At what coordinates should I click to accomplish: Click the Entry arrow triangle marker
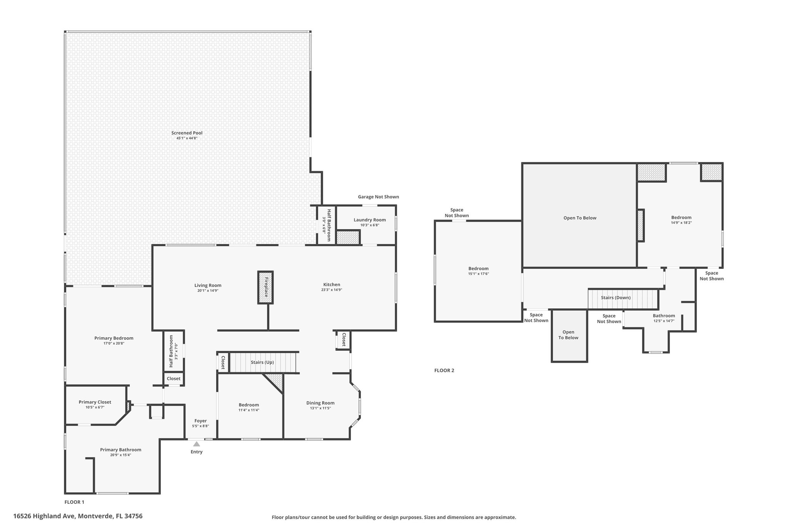click(x=197, y=444)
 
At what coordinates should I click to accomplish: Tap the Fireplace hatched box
click(x=265, y=287)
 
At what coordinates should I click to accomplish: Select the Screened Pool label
click(x=187, y=133)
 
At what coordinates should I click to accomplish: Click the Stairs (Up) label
click(x=262, y=362)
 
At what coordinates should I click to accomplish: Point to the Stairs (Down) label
click(x=616, y=298)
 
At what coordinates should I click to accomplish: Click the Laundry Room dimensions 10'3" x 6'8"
click(x=370, y=225)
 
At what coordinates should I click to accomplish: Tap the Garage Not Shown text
click(x=379, y=197)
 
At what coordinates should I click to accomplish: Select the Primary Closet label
click(x=95, y=402)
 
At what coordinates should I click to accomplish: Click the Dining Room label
click(x=321, y=403)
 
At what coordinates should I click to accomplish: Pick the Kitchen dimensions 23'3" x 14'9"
click(x=332, y=290)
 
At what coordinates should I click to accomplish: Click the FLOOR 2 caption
click(x=444, y=370)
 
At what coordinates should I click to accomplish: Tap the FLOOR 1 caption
click(x=74, y=502)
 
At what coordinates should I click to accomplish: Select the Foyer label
click(x=200, y=421)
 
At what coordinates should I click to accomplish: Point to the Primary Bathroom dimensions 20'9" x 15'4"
click(x=121, y=455)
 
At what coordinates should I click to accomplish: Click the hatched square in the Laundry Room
click(x=348, y=237)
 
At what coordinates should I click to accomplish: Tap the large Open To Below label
click(x=580, y=218)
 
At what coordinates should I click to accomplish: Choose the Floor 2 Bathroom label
click(x=664, y=316)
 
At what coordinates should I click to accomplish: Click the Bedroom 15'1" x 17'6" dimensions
click(x=479, y=273)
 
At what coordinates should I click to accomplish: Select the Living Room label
click(x=208, y=285)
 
